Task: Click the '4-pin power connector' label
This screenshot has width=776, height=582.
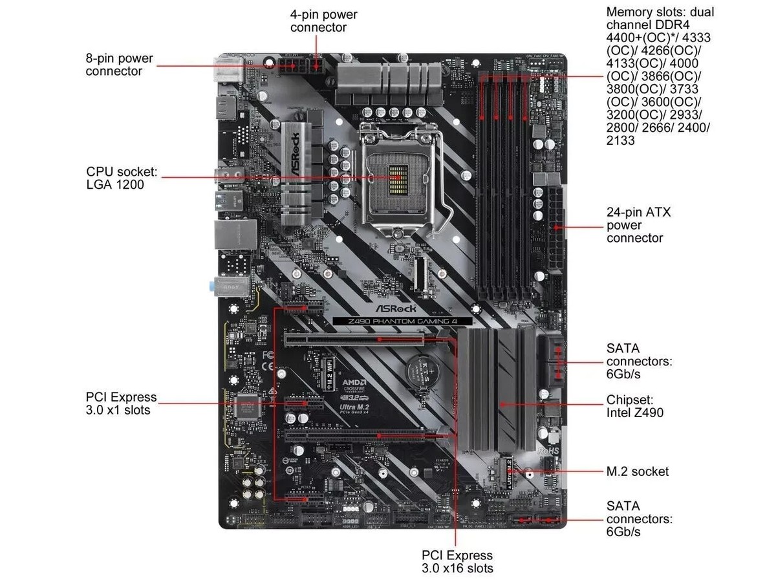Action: click(x=323, y=21)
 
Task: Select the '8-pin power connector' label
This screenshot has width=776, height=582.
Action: click(x=119, y=65)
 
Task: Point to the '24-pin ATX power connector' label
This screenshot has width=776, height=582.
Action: click(x=634, y=225)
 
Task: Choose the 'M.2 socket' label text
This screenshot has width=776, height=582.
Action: click(x=637, y=471)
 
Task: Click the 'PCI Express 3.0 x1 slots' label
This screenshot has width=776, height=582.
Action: click(x=121, y=404)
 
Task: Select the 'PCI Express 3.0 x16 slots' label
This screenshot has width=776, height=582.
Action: click(x=457, y=562)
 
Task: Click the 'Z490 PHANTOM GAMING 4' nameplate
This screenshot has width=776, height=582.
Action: click(x=402, y=321)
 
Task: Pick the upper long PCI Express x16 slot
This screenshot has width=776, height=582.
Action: click(x=355, y=338)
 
